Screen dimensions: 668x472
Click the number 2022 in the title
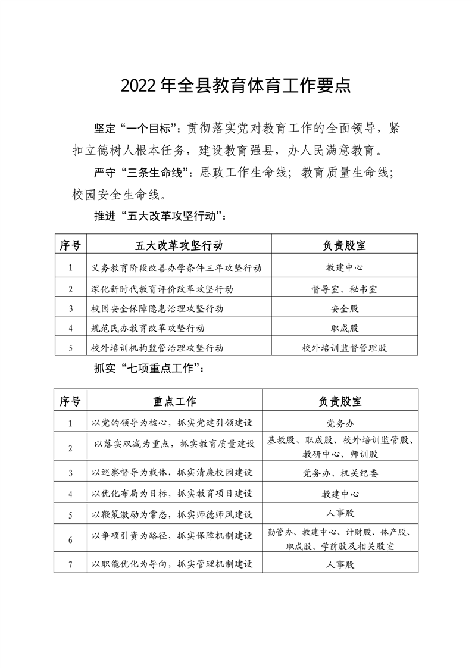(140, 85)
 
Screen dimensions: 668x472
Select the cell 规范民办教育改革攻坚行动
(148, 328)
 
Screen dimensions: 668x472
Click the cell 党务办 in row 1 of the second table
(340, 423)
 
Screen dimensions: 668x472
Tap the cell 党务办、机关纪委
(340, 473)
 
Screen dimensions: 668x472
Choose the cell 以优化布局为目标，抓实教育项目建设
(173, 494)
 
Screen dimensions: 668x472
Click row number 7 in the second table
(70, 564)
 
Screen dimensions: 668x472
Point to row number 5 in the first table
(70, 347)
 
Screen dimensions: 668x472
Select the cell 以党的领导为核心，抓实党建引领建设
(173, 423)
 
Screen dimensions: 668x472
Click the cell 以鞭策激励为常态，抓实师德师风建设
(173, 514)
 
